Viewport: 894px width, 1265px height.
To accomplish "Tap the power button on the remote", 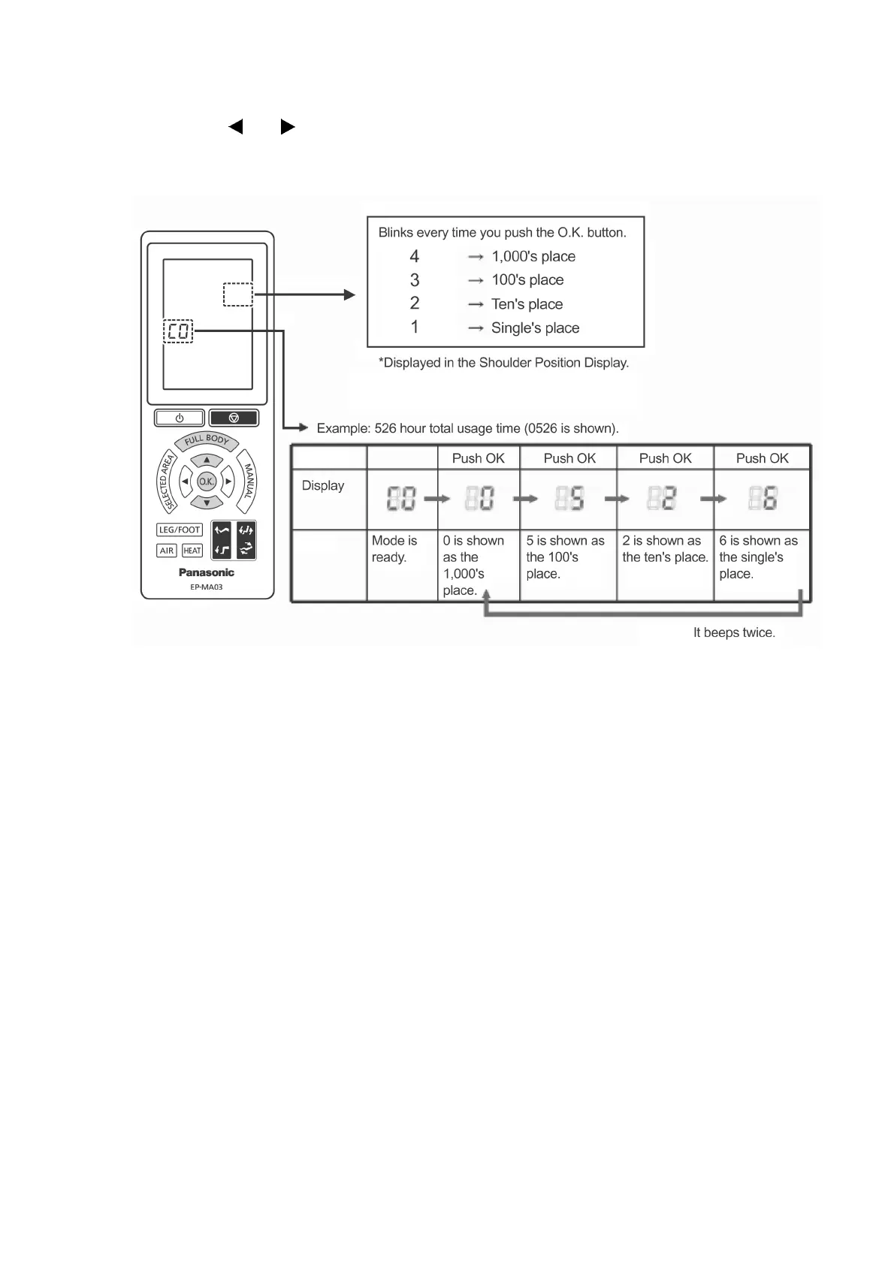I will (x=180, y=418).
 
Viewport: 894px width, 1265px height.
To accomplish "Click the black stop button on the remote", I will (x=234, y=418).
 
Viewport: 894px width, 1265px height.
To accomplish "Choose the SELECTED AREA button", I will (x=166, y=481).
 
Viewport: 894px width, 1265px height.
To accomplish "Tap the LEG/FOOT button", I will (x=180, y=530).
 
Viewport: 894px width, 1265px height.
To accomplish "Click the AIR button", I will (x=167, y=551).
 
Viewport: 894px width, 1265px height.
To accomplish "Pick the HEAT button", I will (x=192, y=551).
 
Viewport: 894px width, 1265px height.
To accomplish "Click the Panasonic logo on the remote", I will (x=207, y=572).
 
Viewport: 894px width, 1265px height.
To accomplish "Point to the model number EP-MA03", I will (x=207, y=587).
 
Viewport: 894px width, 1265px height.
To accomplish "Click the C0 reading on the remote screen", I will (x=179, y=331).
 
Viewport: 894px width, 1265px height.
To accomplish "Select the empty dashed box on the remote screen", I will (x=237, y=294).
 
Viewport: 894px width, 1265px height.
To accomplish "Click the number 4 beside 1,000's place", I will (x=414, y=256).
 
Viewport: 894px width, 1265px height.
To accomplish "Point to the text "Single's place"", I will (x=535, y=328).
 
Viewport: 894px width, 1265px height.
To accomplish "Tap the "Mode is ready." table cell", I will (x=394, y=549).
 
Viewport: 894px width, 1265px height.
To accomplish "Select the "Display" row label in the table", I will (x=323, y=485).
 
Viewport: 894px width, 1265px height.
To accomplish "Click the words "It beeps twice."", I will (x=734, y=632).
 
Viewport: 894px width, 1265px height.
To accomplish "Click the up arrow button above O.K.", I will (x=207, y=460).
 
